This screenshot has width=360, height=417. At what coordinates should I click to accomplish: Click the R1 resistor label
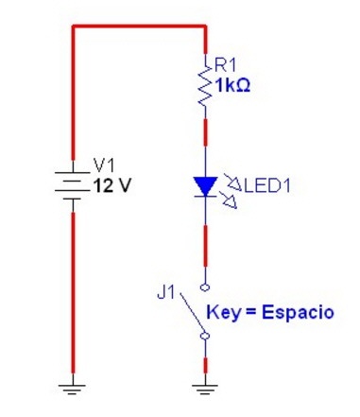coord(225,65)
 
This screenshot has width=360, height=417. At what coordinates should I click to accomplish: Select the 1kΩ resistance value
coord(232,85)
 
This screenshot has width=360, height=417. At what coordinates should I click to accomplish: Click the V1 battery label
coord(104,165)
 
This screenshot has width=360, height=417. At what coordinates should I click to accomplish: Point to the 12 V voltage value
coord(111,185)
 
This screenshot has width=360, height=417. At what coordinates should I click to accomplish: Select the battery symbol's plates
coord(73,185)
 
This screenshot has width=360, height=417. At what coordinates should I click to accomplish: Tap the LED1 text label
coord(267,185)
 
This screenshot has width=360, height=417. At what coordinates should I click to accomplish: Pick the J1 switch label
coord(165,293)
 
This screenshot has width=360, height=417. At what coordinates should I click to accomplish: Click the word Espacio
coord(298,313)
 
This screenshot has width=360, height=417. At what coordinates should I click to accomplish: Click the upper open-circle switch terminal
coord(205,287)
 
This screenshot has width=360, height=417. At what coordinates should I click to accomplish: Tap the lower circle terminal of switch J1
coord(205,336)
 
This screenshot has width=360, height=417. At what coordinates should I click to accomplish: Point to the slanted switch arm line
coord(193,313)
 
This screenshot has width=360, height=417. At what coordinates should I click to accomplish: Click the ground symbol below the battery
coord(73,390)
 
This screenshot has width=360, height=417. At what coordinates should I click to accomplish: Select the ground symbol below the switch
coord(205,390)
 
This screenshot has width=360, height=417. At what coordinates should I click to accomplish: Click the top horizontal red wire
coord(139,26)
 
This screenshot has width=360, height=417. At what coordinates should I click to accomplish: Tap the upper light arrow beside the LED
coord(232,182)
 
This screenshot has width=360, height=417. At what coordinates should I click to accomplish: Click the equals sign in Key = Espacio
coord(251,313)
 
